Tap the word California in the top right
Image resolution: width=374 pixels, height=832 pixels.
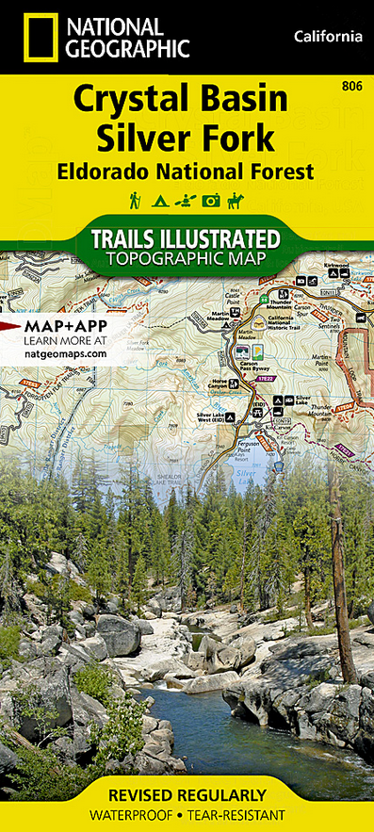(327, 37)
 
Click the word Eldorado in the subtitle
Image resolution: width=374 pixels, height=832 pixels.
(125, 171)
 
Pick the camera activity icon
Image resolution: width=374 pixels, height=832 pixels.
(213, 200)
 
